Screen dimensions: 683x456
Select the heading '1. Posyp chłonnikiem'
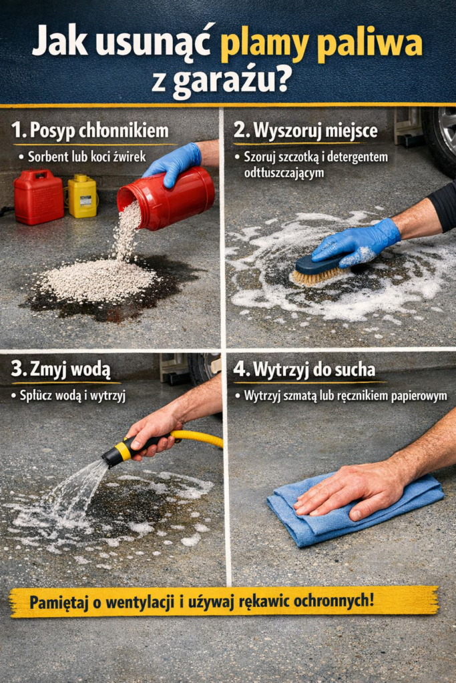89,130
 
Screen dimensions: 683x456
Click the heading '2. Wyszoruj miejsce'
305,130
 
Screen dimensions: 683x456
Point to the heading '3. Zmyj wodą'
61,369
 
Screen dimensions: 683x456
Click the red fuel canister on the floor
39,197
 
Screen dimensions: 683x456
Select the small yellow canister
82,196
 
